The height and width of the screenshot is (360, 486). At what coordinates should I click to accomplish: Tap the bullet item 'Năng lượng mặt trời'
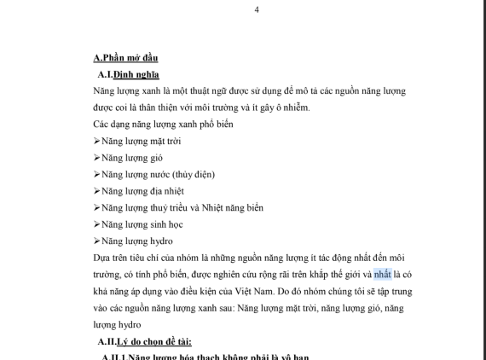141,141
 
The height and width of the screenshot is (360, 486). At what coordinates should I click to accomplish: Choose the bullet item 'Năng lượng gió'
132,158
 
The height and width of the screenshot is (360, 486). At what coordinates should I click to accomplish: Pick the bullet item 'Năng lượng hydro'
137,241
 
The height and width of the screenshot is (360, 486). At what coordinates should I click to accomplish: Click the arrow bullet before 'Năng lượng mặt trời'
96,141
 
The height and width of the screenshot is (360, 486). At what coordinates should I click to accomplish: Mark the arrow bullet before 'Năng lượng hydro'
96,241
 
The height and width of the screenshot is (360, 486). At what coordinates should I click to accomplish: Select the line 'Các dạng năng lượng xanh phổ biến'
164,125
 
